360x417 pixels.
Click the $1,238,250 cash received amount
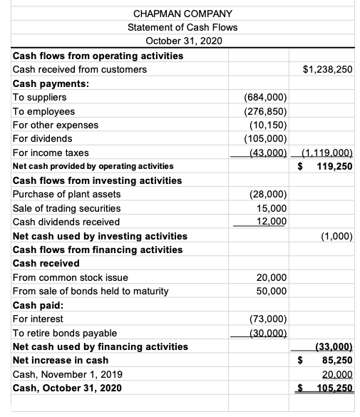pyautogui.click(x=328, y=70)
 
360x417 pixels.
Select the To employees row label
pyautogui.click(x=44, y=111)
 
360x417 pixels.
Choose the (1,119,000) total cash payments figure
pyautogui.click(x=328, y=153)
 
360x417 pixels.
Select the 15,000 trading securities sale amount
pyautogui.click(x=271, y=208)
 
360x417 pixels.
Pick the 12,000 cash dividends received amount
pyautogui.click(x=271, y=222)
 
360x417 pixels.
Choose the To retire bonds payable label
pyautogui.click(x=65, y=333)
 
